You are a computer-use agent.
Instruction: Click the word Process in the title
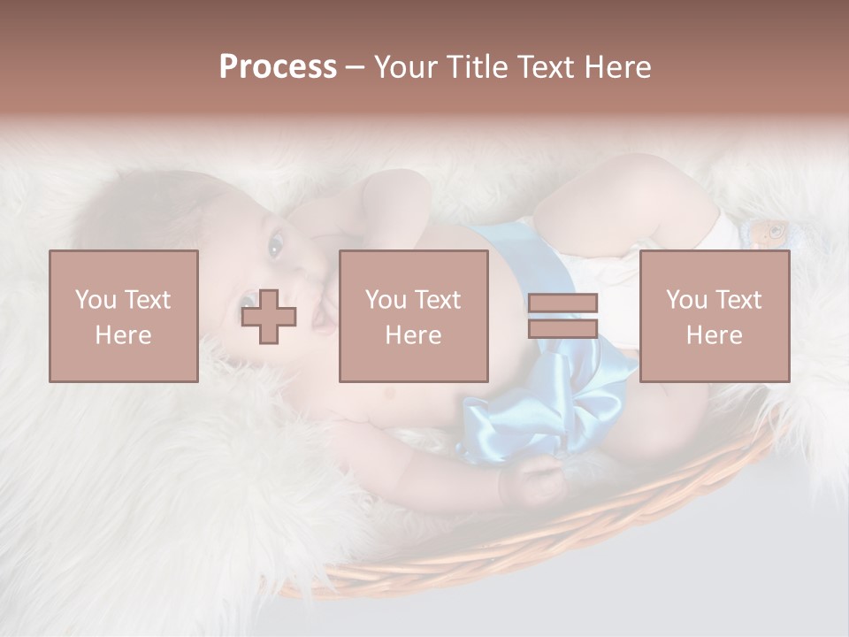[278, 67]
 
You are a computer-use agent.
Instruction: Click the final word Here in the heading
[616, 67]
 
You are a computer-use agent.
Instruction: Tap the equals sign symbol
[562, 316]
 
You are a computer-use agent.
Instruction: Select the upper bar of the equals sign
[562, 303]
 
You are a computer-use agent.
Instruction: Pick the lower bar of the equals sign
[562, 328]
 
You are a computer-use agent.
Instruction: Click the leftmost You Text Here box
[123, 316]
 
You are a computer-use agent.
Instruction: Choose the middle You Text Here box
[413, 316]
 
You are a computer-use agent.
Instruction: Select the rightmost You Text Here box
[714, 316]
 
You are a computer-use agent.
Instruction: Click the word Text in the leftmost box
[147, 299]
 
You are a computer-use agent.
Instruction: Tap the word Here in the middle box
[413, 334]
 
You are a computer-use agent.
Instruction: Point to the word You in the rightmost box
[687, 299]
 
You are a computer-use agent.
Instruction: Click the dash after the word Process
[356, 67]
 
